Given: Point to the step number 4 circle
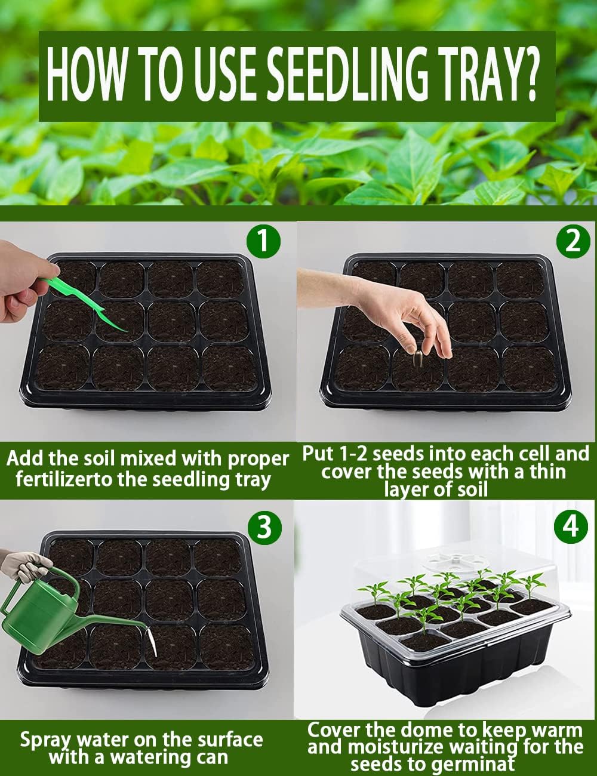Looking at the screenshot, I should pyautogui.click(x=571, y=526).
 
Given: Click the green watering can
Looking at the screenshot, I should pyautogui.click(x=48, y=615).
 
